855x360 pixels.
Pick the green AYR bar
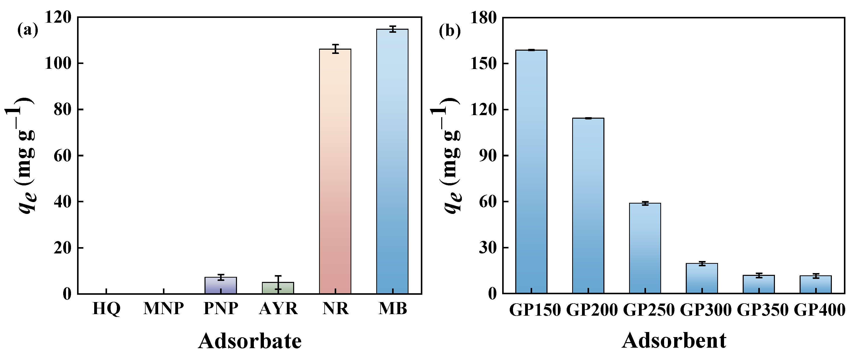coord(278,288)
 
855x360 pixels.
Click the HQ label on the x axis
coord(106,309)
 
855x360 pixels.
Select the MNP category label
coord(163,309)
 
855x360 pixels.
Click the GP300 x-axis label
coord(706,310)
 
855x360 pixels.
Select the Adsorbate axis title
coord(250,341)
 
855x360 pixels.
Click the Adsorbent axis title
coord(674,341)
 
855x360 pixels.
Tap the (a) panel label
coord(27,30)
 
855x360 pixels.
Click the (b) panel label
coord(450,31)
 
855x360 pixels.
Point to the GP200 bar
coord(588,206)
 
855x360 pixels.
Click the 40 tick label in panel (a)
coord(63,202)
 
